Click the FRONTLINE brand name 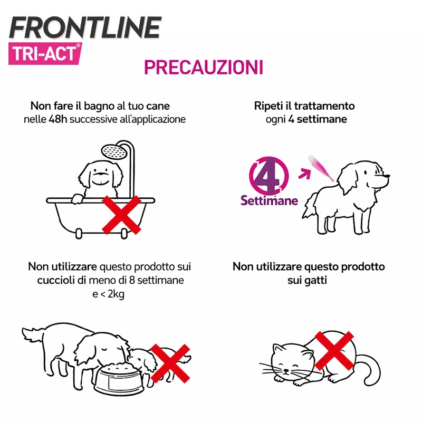click(x=85, y=27)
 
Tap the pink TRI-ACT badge click(x=45, y=54)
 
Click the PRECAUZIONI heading click(x=204, y=68)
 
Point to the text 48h click(x=57, y=119)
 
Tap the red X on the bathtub click(x=121, y=215)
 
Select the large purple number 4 click(x=266, y=176)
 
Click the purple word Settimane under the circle click(x=269, y=200)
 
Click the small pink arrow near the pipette click(x=305, y=174)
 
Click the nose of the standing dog click(x=387, y=176)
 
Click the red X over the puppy click(x=170, y=363)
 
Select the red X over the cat click(x=334, y=351)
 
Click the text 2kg click(x=116, y=294)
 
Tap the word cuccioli click(x=56, y=281)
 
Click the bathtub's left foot click(x=79, y=234)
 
